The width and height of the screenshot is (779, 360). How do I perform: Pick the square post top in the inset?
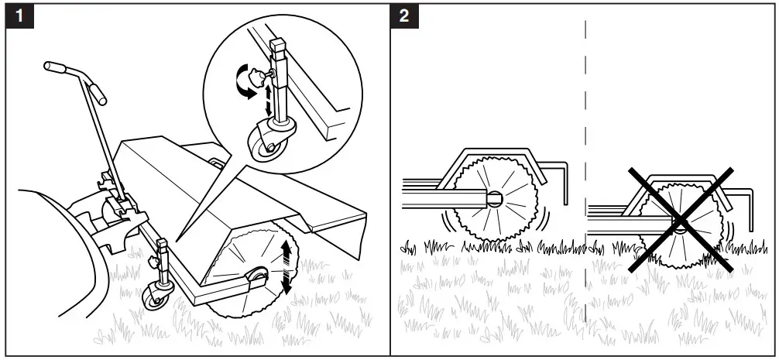[278, 49]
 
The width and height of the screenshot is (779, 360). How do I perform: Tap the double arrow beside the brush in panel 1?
[287, 266]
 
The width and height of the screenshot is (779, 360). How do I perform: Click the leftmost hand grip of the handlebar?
[52, 68]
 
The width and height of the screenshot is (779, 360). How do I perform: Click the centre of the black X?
[680, 221]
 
